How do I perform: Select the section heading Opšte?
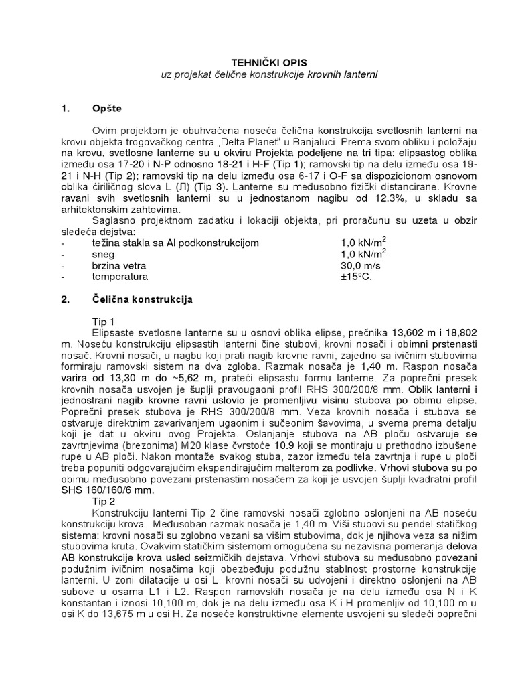[108, 108]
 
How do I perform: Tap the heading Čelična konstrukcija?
[142, 299]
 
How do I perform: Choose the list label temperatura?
[120, 276]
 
